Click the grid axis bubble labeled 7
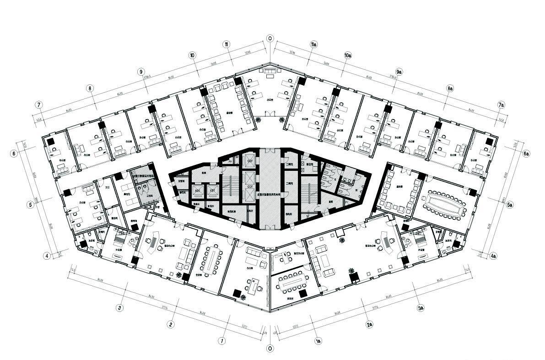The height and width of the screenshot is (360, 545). [40, 105]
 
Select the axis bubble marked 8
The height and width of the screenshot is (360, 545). [90, 88]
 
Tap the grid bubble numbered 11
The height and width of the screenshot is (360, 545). [227, 44]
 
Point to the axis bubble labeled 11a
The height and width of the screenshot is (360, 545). [313, 44]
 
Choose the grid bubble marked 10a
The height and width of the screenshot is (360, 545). [348, 55]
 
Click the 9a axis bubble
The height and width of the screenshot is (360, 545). [399, 72]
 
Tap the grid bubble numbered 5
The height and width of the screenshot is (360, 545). [31, 205]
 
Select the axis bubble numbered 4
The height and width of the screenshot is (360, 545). [47, 256]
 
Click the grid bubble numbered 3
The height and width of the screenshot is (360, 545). [119, 308]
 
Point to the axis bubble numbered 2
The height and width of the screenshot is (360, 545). [171, 325]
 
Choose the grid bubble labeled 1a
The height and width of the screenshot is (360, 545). [318, 341]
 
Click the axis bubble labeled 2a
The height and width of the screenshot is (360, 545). [370, 325]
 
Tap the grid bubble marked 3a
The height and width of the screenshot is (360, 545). [421, 308]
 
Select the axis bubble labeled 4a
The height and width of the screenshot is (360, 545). [493, 256]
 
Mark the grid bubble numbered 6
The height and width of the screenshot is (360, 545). [15, 154]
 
